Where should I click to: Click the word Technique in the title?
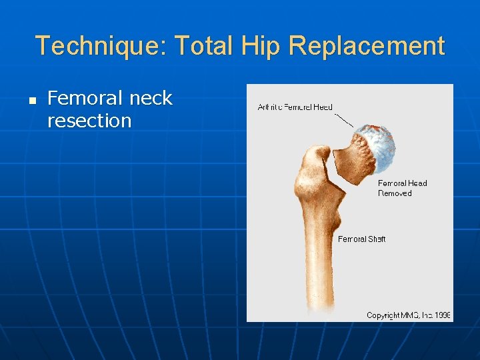click(x=100, y=46)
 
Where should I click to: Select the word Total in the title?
click(x=205, y=46)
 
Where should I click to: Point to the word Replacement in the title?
click(x=367, y=46)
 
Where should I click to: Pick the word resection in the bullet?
click(x=89, y=121)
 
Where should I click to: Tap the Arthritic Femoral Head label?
click(x=295, y=107)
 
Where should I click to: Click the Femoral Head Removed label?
click(x=402, y=188)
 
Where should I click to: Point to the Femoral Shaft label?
click(x=361, y=239)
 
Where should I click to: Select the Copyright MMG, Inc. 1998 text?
click(x=408, y=315)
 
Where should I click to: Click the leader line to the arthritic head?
click(x=344, y=119)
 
